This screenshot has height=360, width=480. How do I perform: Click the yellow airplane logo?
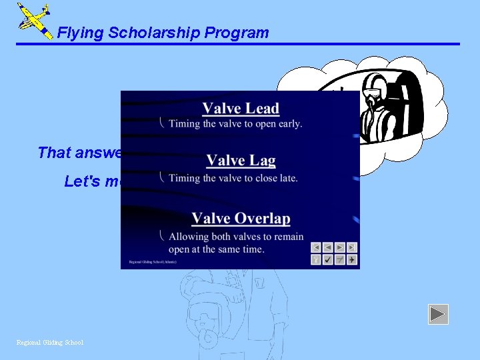33,20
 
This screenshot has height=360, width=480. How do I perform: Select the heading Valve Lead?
241,109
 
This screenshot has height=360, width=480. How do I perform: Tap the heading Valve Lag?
241,161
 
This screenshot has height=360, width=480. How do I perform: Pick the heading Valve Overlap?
241,219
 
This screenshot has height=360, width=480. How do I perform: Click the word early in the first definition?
288,123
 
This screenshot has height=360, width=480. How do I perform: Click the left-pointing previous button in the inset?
328,247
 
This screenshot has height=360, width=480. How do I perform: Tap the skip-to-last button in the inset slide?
351,247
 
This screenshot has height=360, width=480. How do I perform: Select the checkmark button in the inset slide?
328,259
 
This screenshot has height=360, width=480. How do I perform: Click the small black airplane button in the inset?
351,259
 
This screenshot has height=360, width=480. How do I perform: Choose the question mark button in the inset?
316,259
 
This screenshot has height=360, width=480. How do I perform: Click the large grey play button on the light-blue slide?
438,314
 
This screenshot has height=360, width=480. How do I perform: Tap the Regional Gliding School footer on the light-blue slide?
50,343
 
